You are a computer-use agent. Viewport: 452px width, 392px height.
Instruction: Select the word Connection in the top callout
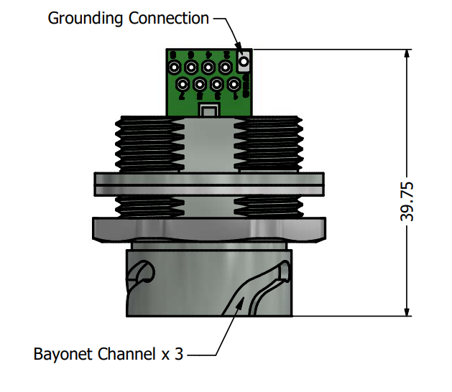[x=168, y=18]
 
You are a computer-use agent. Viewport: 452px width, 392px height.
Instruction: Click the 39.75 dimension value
[x=407, y=202]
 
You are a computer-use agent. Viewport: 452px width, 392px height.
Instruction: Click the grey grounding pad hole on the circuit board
[x=244, y=61]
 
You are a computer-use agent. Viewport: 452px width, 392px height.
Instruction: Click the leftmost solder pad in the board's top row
[x=175, y=68]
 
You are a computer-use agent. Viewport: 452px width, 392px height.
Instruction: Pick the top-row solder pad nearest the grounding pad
[x=226, y=68]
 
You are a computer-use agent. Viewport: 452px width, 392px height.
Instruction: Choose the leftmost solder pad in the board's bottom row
[x=183, y=85]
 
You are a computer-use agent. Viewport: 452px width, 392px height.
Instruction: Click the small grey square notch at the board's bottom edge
[x=209, y=111]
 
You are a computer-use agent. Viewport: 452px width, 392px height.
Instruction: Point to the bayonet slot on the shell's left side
[x=142, y=274]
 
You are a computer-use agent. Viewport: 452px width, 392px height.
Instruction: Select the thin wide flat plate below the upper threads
[x=209, y=184]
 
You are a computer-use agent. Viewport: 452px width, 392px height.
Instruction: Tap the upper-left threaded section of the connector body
[x=147, y=144]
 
